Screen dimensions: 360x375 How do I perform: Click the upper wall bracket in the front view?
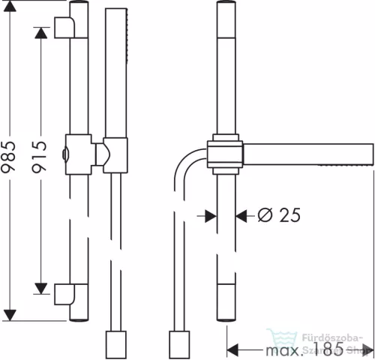point(65,28)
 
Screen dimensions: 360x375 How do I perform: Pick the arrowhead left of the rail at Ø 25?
point(210,216)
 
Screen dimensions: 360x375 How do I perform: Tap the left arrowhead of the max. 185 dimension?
point(232,350)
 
